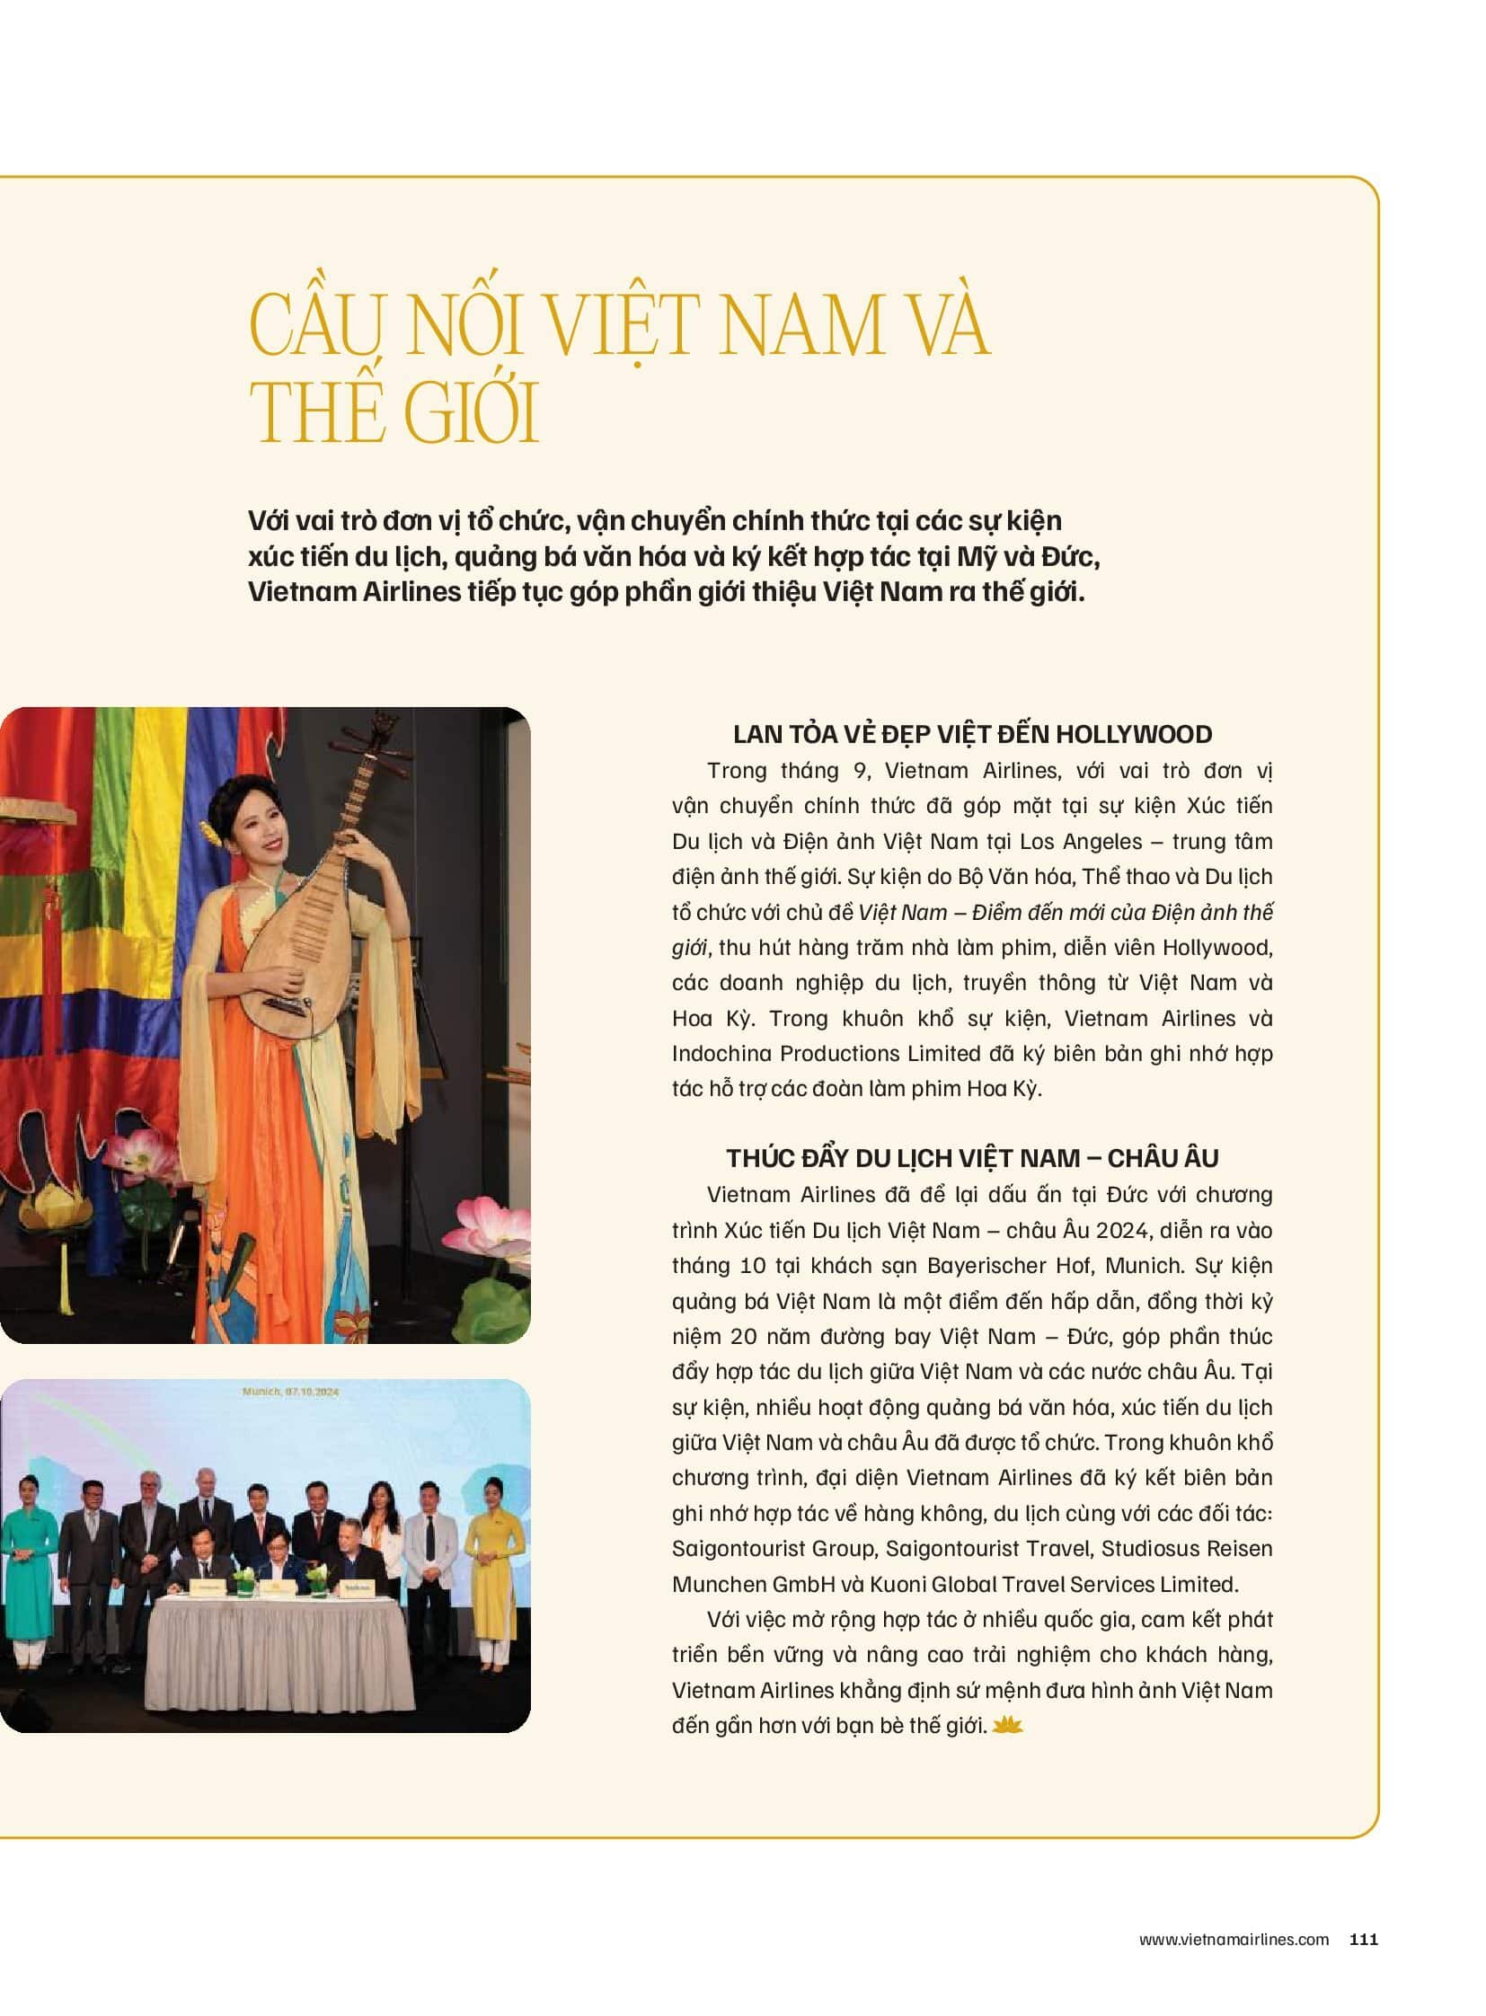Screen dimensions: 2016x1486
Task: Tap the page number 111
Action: (x=1364, y=1940)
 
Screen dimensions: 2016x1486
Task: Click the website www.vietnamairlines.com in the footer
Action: (x=1234, y=1940)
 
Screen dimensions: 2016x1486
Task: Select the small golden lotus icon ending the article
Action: (x=1007, y=1725)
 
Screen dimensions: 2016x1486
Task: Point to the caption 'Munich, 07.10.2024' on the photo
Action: (x=289, y=1392)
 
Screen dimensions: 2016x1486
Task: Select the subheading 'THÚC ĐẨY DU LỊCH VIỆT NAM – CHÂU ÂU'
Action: (x=972, y=1158)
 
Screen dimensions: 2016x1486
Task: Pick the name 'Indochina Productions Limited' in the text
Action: (x=826, y=1054)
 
